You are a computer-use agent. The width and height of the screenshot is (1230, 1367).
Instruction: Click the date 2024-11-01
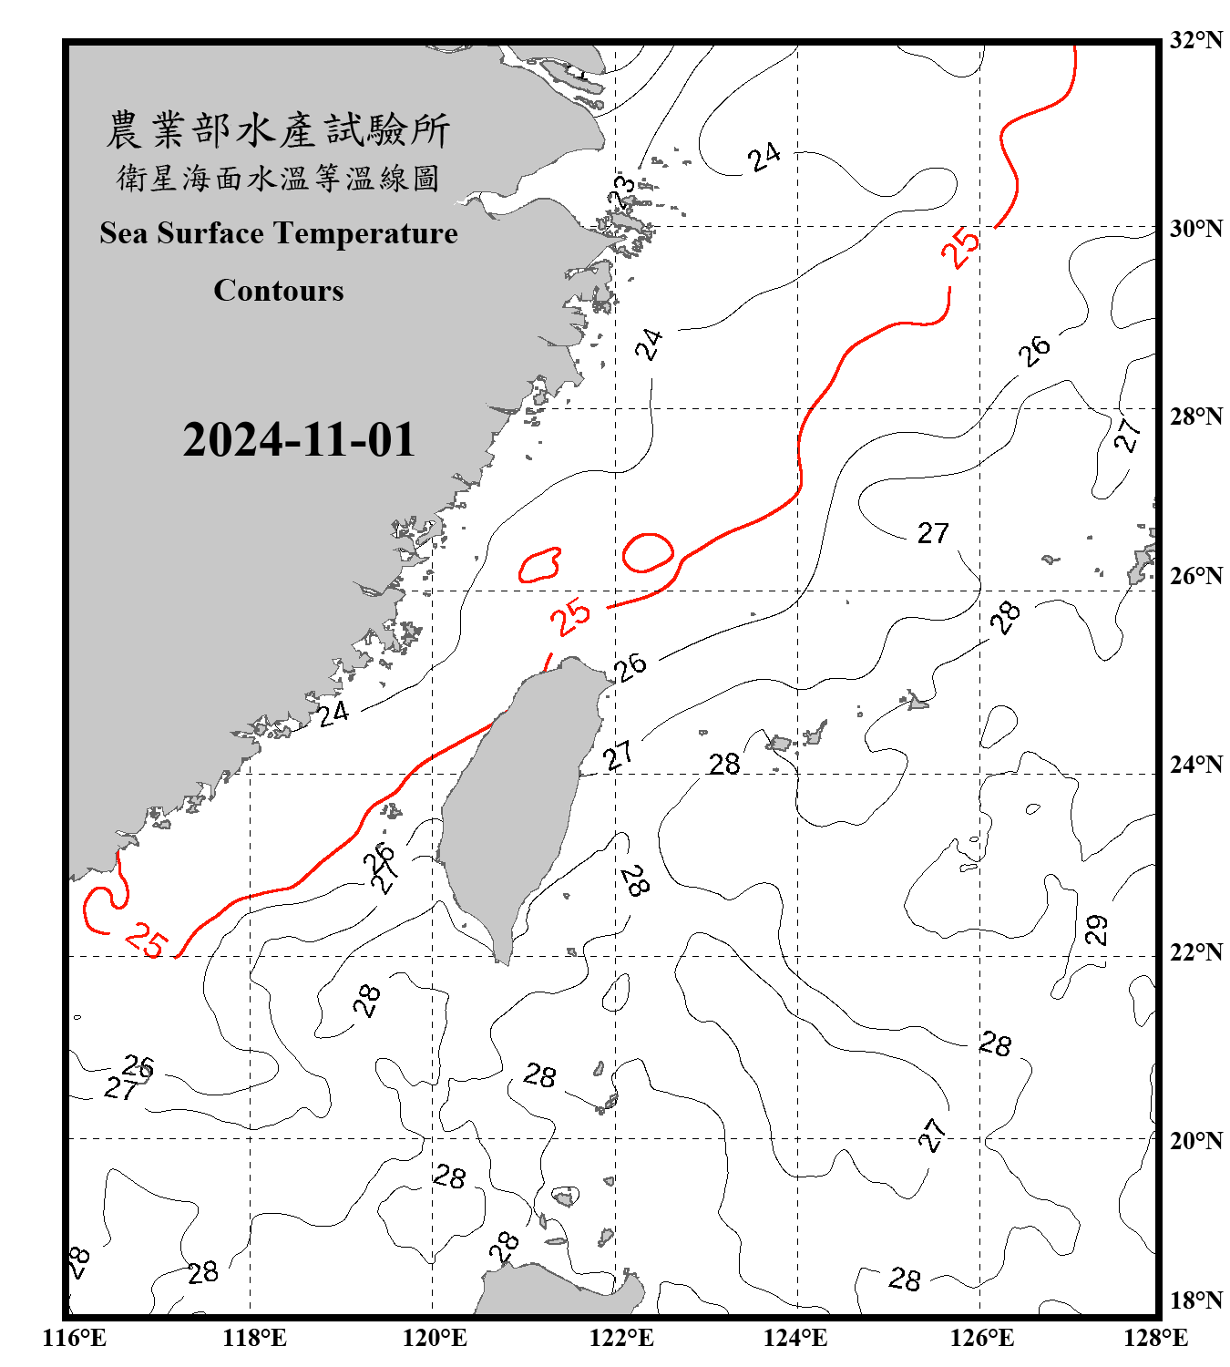[x=299, y=440]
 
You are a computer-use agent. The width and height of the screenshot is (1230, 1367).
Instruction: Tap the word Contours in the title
[x=279, y=291]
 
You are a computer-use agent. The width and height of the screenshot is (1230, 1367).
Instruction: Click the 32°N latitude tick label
[x=1195, y=40]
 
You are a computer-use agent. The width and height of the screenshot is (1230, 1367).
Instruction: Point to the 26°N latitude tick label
[x=1195, y=576]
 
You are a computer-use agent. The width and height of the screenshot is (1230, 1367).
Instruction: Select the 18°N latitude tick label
[x=1195, y=1300]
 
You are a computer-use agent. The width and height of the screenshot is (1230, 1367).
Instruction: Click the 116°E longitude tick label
[x=74, y=1338]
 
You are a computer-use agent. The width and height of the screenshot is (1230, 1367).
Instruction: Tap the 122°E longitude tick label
[x=621, y=1338]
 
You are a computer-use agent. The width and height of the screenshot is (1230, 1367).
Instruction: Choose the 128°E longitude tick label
[x=1155, y=1338]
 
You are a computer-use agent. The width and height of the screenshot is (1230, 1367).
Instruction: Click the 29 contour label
[x=1097, y=930]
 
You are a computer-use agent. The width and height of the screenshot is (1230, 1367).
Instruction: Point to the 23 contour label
[x=623, y=191]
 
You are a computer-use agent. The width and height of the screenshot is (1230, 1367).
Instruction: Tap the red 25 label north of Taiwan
[x=570, y=617]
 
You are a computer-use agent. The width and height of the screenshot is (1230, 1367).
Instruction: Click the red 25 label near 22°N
[x=146, y=940]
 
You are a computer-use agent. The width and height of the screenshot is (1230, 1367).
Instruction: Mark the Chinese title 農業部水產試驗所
[x=279, y=129]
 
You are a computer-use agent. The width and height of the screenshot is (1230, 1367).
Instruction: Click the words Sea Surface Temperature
[x=279, y=233]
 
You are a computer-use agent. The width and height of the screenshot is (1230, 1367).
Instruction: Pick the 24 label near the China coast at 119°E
[x=333, y=713]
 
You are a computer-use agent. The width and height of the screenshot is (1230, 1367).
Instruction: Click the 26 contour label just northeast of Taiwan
[x=630, y=666]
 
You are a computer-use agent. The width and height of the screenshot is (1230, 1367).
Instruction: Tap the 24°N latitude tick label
[x=1195, y=765]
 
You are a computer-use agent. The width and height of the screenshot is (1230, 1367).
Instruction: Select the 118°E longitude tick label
[x=254, y=1338]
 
